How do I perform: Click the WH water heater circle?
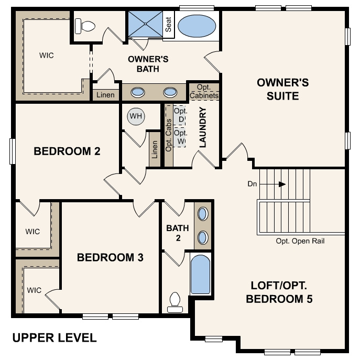point(136,116)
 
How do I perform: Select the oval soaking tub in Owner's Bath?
point(196,25)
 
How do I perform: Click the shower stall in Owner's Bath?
point(145,24)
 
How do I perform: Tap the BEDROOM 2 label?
point(67,151)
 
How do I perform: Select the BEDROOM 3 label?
point(110,257)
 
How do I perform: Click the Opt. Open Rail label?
point(300,241)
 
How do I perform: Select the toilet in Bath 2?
point(174,303)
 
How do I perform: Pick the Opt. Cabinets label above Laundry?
point(204,92)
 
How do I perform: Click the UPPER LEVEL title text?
point(54,337)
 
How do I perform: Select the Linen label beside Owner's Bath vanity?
point(105,95)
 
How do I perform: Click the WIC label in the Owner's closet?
point(46,54)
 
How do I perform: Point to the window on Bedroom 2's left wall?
point(12,151)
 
